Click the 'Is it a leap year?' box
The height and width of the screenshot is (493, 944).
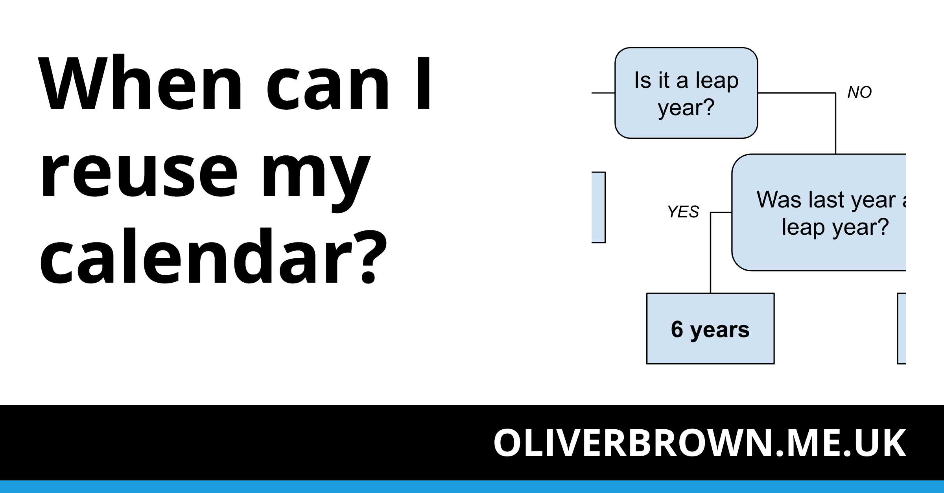pyautogui.click(x=686, y=93)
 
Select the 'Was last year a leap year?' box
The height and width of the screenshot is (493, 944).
pyautogui.click(x=819, y=212)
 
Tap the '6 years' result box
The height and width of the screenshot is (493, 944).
pyautogui.click(x=710, y=329)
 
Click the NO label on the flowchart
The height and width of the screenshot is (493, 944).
pyautogui.click(x=859, y=92)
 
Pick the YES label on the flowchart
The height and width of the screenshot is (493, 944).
pyautogui.click(x=683, y=212)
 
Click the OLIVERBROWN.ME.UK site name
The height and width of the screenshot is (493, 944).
pyautogui.click(x=700, y=443)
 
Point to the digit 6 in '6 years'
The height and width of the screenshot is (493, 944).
pyautogui.click(x=677, y=329)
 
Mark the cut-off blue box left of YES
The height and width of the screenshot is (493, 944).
pyautogui.click(x=598, y=207)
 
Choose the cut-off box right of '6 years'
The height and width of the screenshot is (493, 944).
pyautogui.click(x=902, y=328)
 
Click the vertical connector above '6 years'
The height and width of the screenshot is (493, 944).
pyautogui.click(x=710, y=253)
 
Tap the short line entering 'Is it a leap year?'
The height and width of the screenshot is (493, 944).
pyautogui.click(x=603, y=93)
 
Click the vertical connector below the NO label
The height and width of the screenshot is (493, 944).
pyautogui.click(x=835, y=123)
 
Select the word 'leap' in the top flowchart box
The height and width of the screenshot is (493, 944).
pyautogui.click(x=717, y=81)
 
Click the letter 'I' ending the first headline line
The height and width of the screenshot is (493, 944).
pyautogui.click(x=424, y=83)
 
